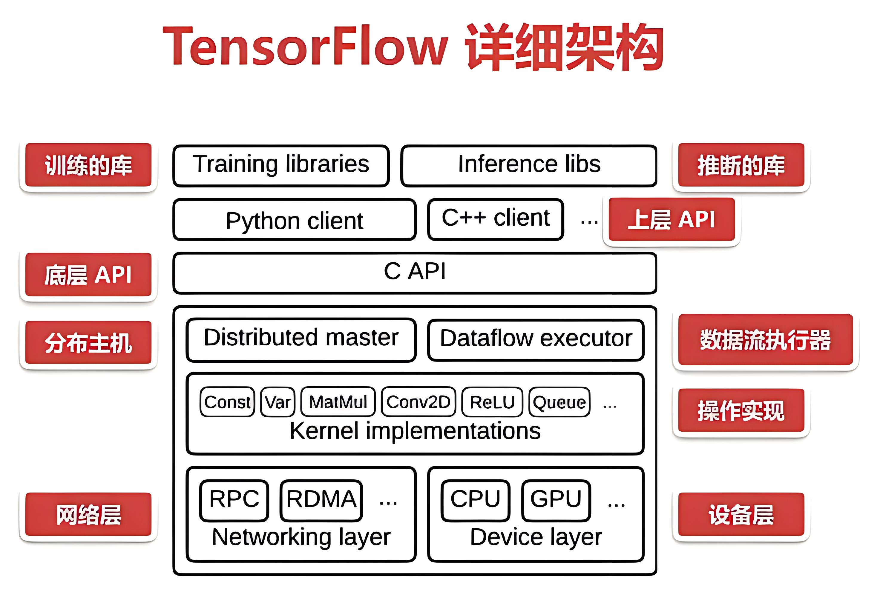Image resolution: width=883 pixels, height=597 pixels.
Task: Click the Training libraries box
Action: [x=281, y=166]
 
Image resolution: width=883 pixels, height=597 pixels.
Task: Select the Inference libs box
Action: [x=529, y=166]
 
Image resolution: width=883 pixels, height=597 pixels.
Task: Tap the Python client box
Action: [x=295, y=219]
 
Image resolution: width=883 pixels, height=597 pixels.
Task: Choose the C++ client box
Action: [x=496, y=219]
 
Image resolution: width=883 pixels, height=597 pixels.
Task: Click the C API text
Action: [x=415, y=271]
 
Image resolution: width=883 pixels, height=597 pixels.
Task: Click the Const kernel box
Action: [x=227, y=402]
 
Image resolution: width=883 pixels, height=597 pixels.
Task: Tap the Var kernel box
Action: [x=278, y=402]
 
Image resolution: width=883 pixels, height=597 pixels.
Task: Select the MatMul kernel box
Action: [x=338, y=402]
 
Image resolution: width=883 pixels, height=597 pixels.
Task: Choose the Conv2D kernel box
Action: [x=418, y=402]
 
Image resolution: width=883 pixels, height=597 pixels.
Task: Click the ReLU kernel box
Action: [x=492, y=402]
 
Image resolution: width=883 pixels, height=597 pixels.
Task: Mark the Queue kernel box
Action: [x=559, y=402]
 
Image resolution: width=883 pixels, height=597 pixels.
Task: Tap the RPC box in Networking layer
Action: [x=234, y=501]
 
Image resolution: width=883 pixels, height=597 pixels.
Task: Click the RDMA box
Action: [x=321, y=501]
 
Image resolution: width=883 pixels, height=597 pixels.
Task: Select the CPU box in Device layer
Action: [x=475, y=501]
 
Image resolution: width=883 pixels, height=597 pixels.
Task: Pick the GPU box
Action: [x=556, y=501]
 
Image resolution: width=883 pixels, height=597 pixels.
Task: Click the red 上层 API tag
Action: [x=672, y=219]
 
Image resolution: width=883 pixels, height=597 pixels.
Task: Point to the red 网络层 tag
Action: [x=88, y=515]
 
